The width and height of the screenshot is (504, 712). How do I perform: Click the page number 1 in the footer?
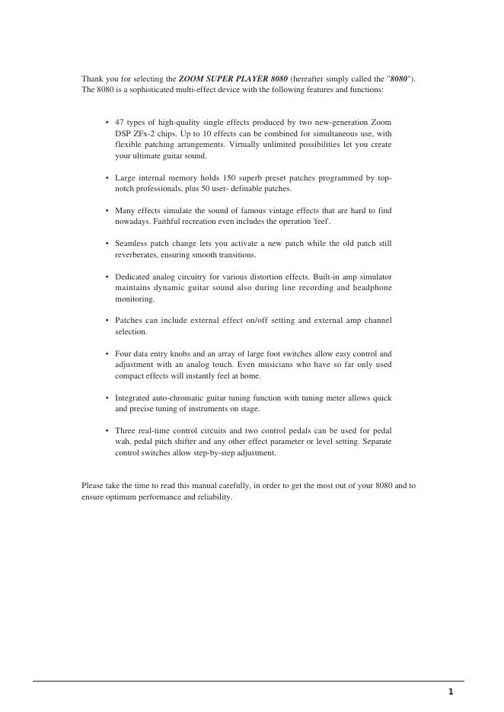450,691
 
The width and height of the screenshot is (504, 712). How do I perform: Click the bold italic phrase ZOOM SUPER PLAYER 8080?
233,78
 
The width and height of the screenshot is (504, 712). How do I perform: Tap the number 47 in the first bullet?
120,122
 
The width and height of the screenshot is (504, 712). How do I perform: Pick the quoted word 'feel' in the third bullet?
316,222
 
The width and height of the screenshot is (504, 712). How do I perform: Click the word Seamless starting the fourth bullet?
130,244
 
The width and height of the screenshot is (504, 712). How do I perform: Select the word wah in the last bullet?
121,442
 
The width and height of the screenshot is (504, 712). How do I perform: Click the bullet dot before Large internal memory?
107,177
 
